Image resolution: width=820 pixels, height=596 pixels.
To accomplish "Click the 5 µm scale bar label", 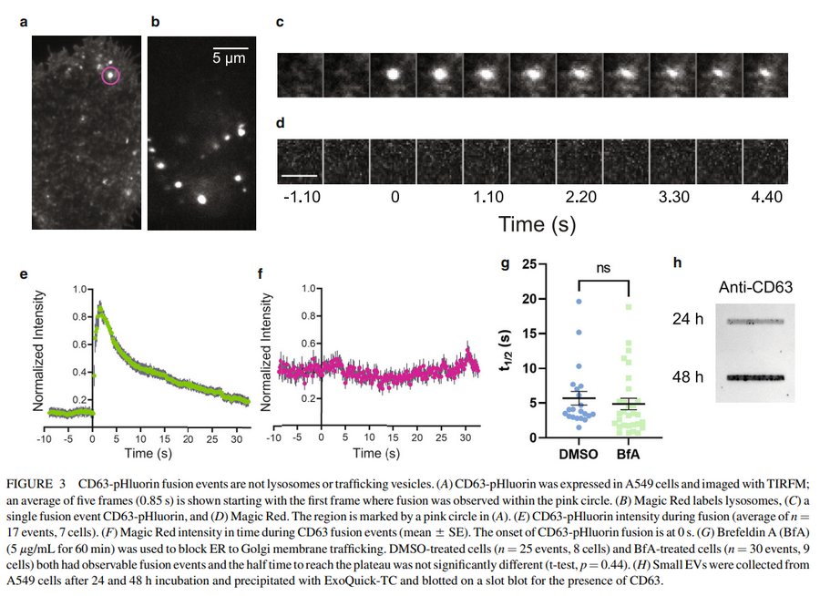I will tap(231, 57).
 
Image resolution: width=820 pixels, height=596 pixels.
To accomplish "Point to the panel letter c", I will tap(281, 21).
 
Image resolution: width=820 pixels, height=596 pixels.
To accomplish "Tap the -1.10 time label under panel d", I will tap(300, 194).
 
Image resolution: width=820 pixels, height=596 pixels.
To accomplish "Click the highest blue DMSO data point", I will tap(577, 301).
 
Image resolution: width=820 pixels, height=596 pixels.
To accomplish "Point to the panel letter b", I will tap(155, 21).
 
